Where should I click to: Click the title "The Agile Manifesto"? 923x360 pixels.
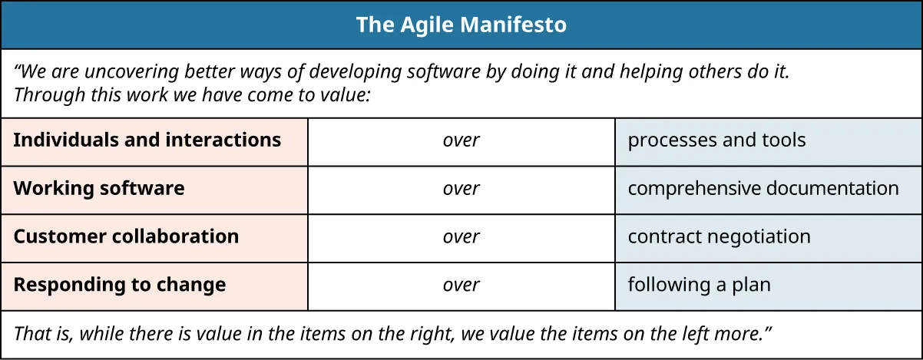(461, 25)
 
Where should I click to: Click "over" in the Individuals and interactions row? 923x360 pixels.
(461, 140)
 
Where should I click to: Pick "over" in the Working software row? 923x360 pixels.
(461, 189)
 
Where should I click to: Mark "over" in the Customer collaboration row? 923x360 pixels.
(461, 236)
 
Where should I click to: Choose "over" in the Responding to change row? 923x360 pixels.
(461, 285)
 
